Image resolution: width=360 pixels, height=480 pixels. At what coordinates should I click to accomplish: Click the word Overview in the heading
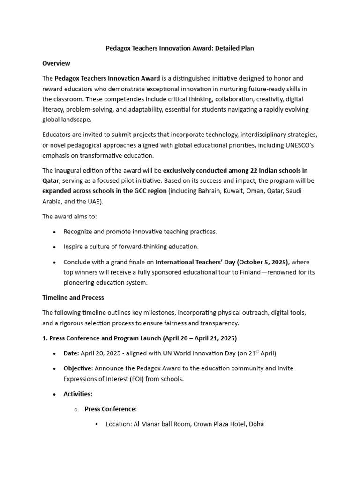pos(56,63)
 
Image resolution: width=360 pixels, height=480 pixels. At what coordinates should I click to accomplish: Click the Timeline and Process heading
pos(73,297)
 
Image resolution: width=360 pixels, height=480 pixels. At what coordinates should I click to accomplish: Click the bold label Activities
pos(77,394)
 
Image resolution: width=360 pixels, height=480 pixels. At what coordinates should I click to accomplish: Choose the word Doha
pos(256,424)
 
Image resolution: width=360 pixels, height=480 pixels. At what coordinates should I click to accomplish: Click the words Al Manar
pos(145,424)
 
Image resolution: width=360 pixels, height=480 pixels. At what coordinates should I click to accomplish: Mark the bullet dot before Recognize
pos(55,232)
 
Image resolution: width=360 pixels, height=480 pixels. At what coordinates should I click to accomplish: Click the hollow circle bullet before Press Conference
pos(76,409)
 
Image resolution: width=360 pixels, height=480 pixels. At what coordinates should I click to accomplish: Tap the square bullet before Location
pos(97,424)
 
